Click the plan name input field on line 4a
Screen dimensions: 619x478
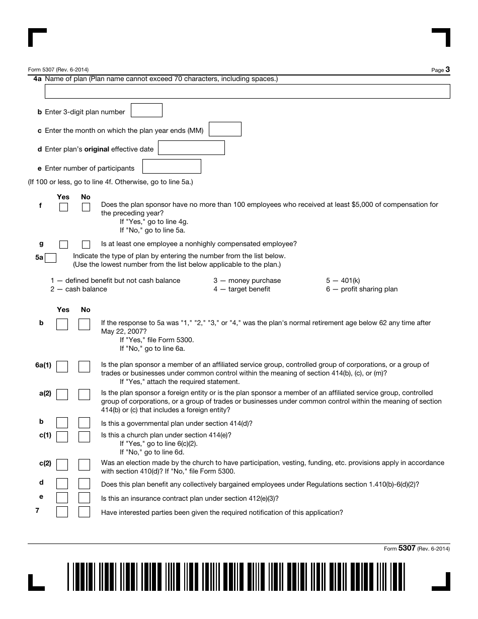(247, 92)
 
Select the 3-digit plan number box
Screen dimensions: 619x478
(146, 111)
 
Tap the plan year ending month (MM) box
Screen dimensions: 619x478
(225, 129)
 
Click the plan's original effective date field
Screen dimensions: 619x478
(191, 148)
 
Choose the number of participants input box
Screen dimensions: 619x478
(172, 167)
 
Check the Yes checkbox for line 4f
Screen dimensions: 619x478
(63, 207)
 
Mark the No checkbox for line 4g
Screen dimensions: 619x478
(86, 245)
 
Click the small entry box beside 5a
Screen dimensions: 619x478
(50, 258)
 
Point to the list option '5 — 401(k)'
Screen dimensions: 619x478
(343, 280)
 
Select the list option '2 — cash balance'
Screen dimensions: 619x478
(78, 289)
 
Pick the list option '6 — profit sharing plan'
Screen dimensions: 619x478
(361, 289)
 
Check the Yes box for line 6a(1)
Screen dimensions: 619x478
(62, 366)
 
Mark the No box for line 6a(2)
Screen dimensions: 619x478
(84, 395)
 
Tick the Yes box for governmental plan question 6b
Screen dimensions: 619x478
(62, 423)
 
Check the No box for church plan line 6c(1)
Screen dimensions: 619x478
(84, 436)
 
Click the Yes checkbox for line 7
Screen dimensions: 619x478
(62, 512)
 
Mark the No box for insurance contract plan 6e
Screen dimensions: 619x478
(84, 498)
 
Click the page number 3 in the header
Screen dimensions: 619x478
(447, 69)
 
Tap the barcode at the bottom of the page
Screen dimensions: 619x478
(236, 576)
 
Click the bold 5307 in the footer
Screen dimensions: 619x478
(407, 549)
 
